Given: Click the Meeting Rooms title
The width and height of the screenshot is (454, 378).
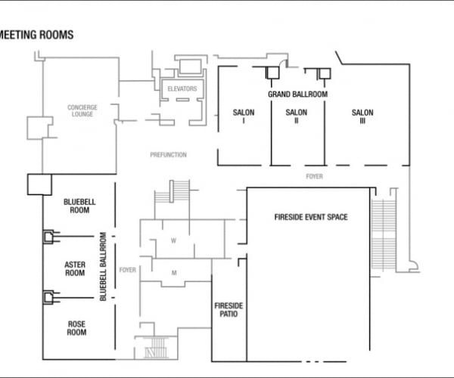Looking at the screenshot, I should point(37,35).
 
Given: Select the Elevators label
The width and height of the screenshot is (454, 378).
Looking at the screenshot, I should point(182,88).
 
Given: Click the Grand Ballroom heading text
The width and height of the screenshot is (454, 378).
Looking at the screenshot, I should point(297,94).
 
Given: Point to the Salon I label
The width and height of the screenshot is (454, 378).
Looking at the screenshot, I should point(244,116).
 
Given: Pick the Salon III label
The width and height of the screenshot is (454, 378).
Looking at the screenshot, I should point(362,116).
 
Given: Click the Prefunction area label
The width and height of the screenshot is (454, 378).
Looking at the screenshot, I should point(168,155).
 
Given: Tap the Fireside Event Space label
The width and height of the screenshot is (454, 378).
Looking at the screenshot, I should point(310,217).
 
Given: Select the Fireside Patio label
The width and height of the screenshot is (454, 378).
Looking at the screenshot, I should point(226,309).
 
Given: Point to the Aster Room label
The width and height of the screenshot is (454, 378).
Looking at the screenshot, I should point(75,268).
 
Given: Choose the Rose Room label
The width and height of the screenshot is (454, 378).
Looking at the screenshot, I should point(76,328).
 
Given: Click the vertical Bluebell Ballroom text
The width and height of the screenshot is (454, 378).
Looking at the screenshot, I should point(104,267).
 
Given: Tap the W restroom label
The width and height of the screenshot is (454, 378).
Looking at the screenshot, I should point(173,241).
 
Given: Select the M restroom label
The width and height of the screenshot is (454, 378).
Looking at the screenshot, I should point(173,272).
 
